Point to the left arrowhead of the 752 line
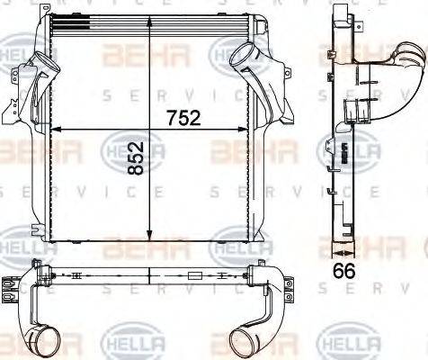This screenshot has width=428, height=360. click(56, 130)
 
